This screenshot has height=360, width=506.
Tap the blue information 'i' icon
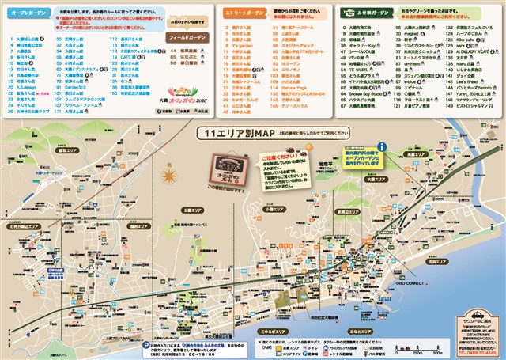coord(382,147)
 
